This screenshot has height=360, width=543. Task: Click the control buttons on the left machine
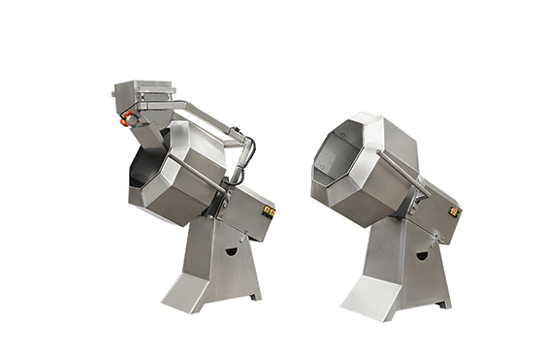point(270,210)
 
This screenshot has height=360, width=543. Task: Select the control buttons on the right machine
point(456,211)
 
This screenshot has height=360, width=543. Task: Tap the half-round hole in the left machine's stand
point(231,251)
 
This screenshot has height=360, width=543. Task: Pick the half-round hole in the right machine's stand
point(421,256)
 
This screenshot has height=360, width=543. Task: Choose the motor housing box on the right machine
point(439,212)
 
